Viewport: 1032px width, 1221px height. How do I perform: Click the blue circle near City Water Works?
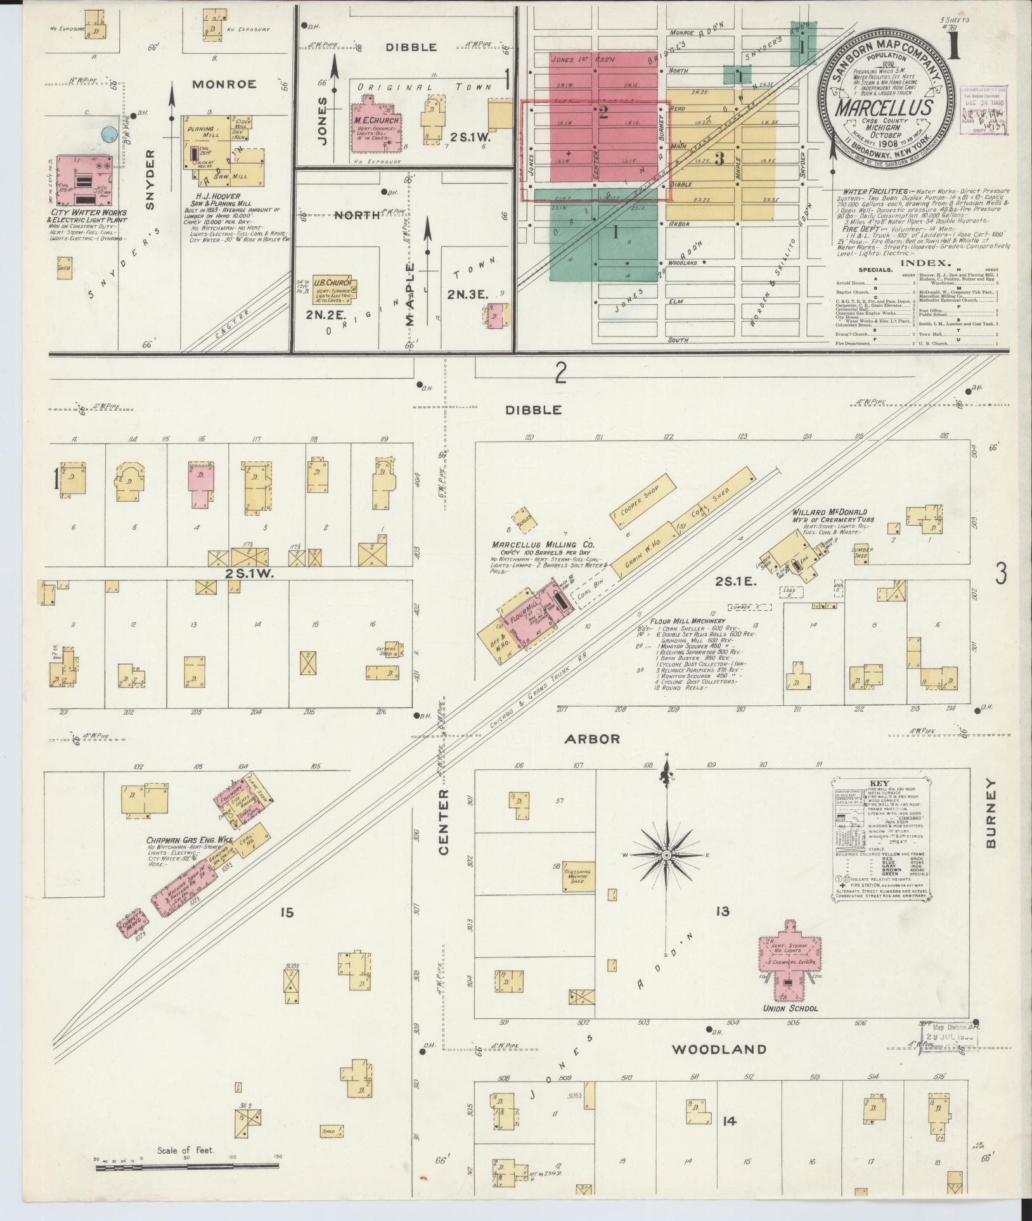(x=109, y=134)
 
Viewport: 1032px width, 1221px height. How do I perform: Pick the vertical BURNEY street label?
(x=991, y=814)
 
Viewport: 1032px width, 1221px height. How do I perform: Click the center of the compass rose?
(x=667, y=855)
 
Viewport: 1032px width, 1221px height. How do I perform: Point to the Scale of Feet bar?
(x=186, y=1165)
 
